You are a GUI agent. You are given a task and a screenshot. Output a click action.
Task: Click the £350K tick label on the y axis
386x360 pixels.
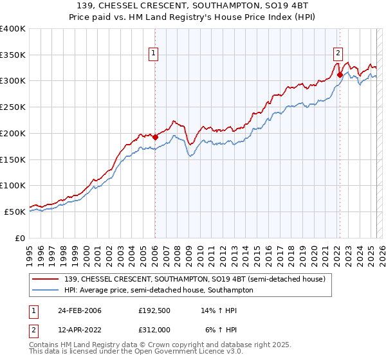[13, 55]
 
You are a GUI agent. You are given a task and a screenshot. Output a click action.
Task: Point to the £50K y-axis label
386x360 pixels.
[15, 212]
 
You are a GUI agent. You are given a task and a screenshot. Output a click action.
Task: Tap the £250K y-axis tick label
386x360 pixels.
[13, 107]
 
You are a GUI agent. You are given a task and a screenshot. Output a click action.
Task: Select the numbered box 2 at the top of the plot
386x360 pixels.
[338, 53]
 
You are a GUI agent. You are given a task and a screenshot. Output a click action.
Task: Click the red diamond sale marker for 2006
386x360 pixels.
[155, 137]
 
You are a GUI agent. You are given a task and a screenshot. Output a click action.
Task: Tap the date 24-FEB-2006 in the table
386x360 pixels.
[80, 310]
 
